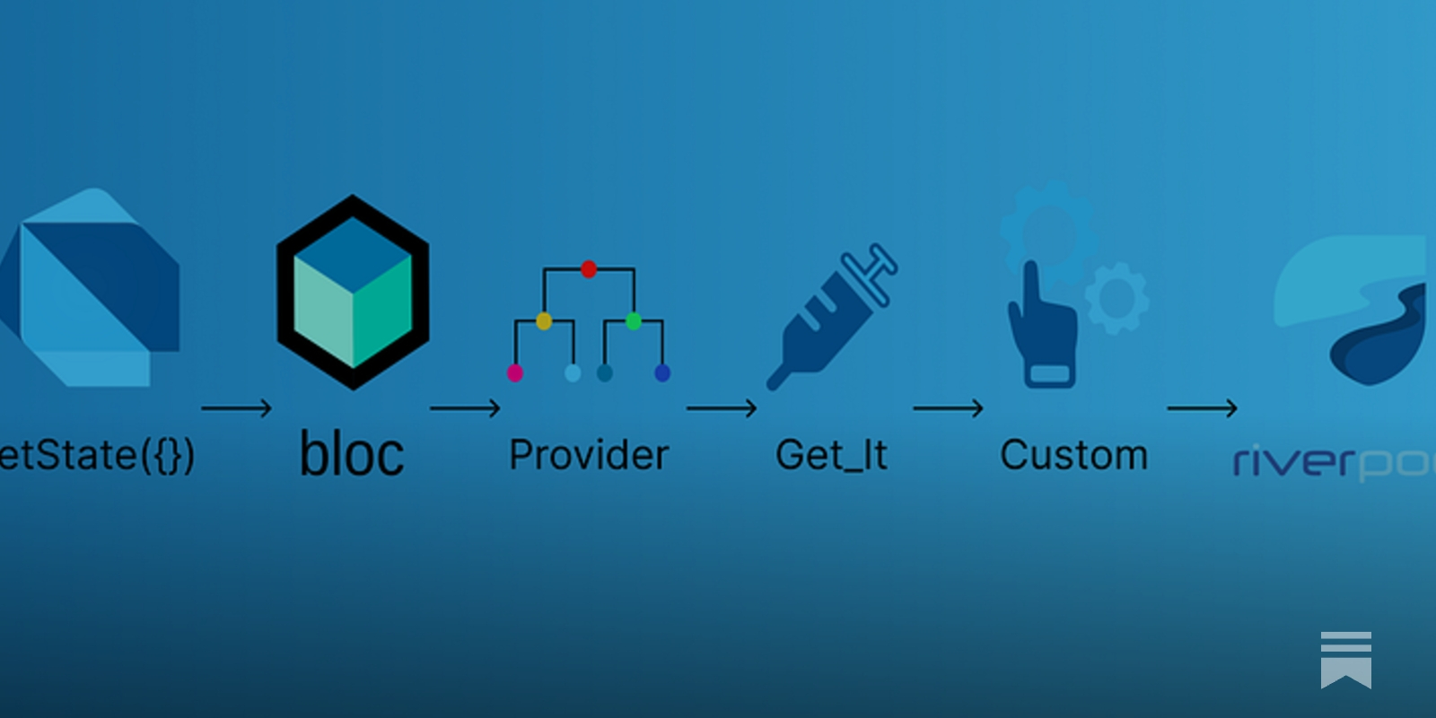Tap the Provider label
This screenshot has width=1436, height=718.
point(589,455)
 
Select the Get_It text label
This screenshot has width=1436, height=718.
point(831,455)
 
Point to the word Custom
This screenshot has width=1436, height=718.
point(1073,455)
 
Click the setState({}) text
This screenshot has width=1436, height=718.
point(97,455)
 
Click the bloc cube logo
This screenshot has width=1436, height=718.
point(353,293)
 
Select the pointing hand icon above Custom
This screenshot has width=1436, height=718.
point(1041,328)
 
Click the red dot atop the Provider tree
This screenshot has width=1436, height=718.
point(589,268)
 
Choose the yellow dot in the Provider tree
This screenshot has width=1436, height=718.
point(544,320)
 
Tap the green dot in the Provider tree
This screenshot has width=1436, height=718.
point(634,320)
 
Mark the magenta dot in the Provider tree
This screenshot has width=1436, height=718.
point(515,372)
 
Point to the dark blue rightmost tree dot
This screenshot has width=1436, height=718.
point(662,372)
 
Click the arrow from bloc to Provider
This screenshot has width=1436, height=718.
point(465,408)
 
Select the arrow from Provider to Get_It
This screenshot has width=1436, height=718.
point(722,408)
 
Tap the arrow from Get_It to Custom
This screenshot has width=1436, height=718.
point(948,408)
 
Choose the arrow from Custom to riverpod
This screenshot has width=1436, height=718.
point(1202,408)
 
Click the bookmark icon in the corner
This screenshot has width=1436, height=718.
point(1346,660)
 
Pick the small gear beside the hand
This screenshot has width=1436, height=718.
point(1117,297)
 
